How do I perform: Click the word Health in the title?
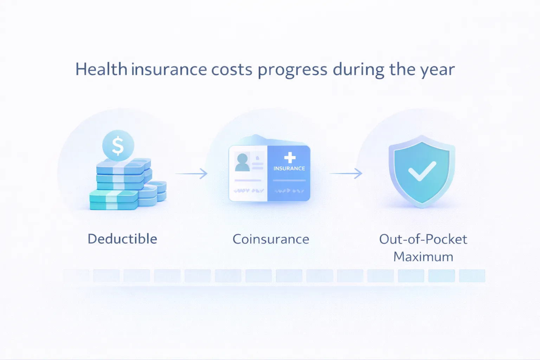pyautogui.click(x=101, y=69)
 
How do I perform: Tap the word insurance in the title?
pyautogui.click(x=169, y=69)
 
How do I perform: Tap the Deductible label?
pyautogui.click(x=122, y=239)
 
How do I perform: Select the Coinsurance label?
pyautogui.click(x=271, y=239)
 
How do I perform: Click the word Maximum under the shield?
pyautogui.click(x=423, y=257)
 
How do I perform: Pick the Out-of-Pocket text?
pyautogui.click(x=423, y=239)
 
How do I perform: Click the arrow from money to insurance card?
pyautogui.click(x=192, y=173)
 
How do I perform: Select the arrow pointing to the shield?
pyautogui.click(x=346, y=173)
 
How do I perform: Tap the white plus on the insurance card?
pyautogui.click(x=290, y=157)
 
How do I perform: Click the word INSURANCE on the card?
pyautogui.click(x=289, y=168)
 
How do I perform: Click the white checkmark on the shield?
pyautogui.click(x=422, y=171)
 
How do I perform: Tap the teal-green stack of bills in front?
pyautogui.click(x=113, y=200)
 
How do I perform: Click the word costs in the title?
pyautogui.click(x=232, y=69)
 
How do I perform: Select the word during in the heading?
pyautogui.click(x=359, y=69)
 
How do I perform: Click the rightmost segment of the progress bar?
pyautogui.click(x=472, y=276)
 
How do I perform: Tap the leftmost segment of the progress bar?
pyautogui.click(x=76, y=276)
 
